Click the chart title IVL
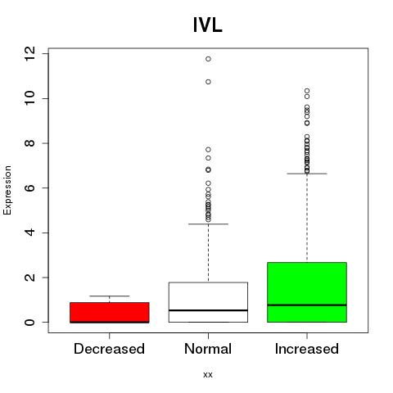208,25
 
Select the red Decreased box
110,313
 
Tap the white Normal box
208,302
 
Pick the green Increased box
307,292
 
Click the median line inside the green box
307,305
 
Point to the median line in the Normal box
208,310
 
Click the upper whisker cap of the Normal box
208,224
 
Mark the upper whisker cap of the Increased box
307,174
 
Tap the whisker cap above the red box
110,296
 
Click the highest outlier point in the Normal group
208,59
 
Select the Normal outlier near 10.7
208,82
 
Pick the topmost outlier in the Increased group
307,91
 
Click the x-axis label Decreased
109,349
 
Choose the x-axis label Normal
208,349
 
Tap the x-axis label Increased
307,349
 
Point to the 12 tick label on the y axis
29,54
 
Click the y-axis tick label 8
29,143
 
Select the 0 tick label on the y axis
29,323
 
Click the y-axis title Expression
7,190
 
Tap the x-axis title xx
208,375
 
